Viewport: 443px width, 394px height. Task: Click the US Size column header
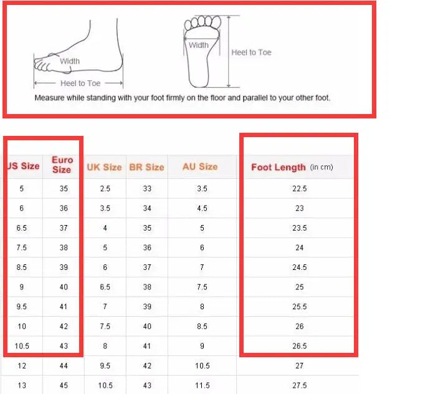[23, 166]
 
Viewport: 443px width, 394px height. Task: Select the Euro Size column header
[62, 165]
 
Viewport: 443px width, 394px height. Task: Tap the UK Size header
[104, 167]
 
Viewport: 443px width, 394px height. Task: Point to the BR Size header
[146, 167]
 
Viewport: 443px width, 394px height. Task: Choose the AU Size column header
[200, 166]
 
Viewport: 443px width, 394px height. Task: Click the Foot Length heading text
[279, 167]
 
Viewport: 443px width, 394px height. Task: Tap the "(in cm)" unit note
[322, 167]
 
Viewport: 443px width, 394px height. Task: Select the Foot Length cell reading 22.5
[300, 188]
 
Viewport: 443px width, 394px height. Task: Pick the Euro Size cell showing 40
[64, 287]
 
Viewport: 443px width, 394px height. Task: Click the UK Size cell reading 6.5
[105, 287]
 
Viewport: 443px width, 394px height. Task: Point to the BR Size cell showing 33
[147, 188]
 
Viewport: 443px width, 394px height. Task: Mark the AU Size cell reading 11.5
[202, 385]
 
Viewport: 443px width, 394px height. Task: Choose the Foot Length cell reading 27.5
[300, 385]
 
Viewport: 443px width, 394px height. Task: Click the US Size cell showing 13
[22, 385]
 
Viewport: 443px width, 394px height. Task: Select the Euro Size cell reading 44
[64, 366]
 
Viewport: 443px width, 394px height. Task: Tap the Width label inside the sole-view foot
[199, 46]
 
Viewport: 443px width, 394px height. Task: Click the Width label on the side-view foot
[70, 61]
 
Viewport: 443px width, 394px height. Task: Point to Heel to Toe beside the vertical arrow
[251, 52]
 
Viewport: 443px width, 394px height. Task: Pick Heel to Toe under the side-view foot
[80, 84]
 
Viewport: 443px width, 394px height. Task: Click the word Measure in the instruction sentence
[47, 98]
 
